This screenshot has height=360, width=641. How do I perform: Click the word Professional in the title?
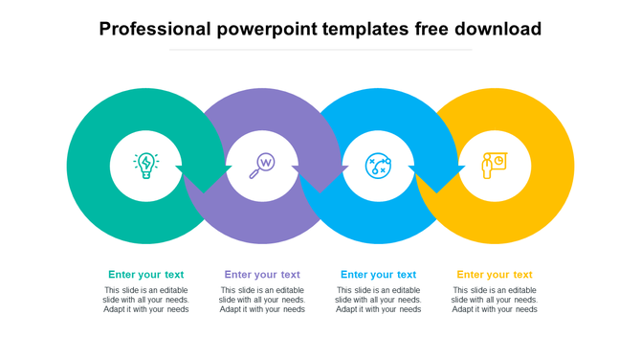tap(154, 29)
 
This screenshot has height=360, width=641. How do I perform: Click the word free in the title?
tap(429, 29)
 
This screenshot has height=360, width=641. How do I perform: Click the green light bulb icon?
tap(145, 166)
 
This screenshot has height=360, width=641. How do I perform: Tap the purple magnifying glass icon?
tap(262, 166)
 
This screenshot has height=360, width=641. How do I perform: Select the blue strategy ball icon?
tap(378, 166)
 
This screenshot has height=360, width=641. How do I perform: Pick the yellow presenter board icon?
tap(494, 166)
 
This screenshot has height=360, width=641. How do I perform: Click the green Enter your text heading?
tap(145, 275)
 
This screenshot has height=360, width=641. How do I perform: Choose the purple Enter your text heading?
tap(262, 275)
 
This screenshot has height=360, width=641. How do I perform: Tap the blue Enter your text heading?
tap(378, 275)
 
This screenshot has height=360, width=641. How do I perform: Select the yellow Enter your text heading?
tap(495, 275)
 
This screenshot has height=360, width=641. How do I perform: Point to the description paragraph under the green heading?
tap(146, 300)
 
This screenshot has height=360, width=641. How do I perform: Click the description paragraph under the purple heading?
tap(262, 300)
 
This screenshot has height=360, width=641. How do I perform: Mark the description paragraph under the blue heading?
tap(378, 300)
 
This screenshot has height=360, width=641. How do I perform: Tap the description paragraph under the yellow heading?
tap(495, 300)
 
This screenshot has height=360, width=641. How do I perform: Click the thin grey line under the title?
tap(320, 50)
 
